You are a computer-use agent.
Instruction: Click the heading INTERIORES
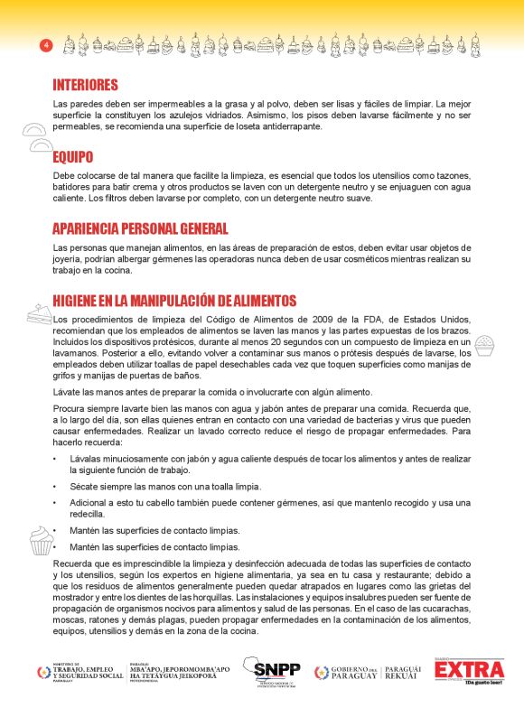pyautogui.click(x=86, y=85)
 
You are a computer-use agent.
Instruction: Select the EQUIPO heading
pyautogui.click(x=72, y=157)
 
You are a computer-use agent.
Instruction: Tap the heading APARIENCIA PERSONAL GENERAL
pyautogui.click(x=140, y=229)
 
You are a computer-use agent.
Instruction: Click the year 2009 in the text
pyautogui.click(x=309, y=320)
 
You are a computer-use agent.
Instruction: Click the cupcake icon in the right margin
pyautogui.click(x=484, y=344)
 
